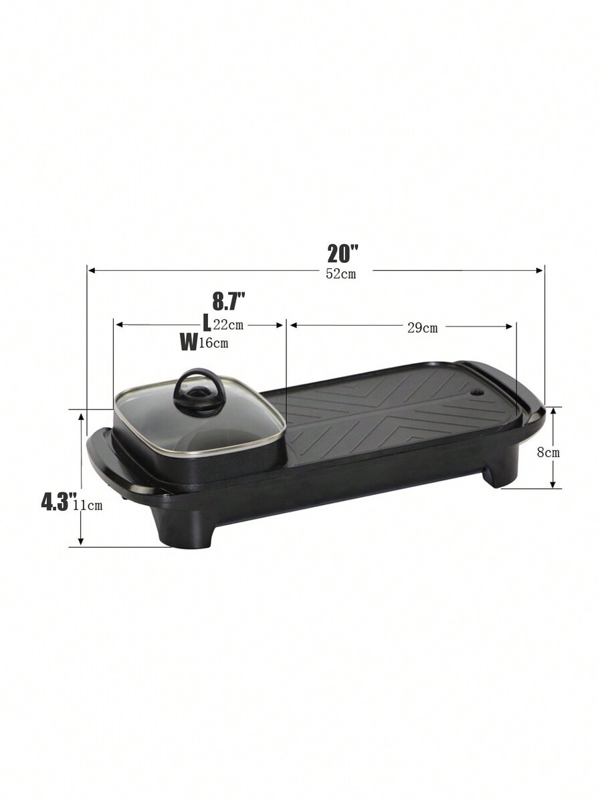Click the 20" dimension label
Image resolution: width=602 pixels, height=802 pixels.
coord(342,254)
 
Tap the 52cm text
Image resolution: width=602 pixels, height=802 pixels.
coord(341,274)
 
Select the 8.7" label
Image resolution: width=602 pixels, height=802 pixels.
coord(229,301)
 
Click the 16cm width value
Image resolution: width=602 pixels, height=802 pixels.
coord(213,343)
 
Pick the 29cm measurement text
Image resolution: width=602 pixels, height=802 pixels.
coord(423,328)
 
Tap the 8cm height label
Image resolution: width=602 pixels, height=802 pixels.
coord(548,452)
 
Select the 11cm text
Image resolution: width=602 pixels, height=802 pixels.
coord(88,506)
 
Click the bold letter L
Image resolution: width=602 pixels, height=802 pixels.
coord(207,323)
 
